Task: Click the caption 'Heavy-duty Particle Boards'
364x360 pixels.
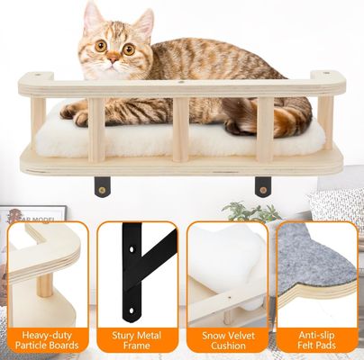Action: [48, 338]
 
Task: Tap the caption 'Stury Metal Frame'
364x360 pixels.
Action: [137, 338]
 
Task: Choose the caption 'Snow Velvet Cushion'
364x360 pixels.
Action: [226, 338]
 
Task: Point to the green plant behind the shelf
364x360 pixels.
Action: [243, 211]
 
